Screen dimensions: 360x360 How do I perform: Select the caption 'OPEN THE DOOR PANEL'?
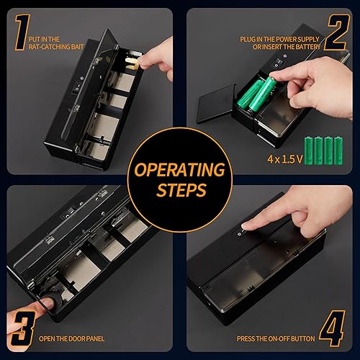[78, 338]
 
